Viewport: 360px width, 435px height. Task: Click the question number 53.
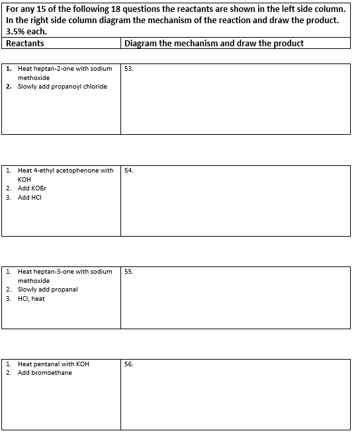coord(128,69)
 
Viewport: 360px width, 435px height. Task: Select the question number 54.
coord(128,171)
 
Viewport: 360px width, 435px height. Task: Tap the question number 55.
coord(128,272)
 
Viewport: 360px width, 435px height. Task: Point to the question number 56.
coord(128,364)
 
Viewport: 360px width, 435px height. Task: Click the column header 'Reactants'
coord(24,43)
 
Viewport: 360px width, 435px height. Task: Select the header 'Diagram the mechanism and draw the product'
coord(214,43)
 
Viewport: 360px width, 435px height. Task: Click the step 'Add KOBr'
coord(32,188)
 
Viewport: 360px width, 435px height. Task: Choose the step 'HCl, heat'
coord(32,298)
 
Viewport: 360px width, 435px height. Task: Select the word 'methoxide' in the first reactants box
coord(34,77)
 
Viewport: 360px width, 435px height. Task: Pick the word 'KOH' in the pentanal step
coord(83,364)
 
